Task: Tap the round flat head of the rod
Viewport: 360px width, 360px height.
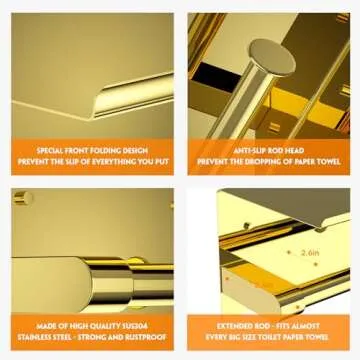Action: click(275, 59)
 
